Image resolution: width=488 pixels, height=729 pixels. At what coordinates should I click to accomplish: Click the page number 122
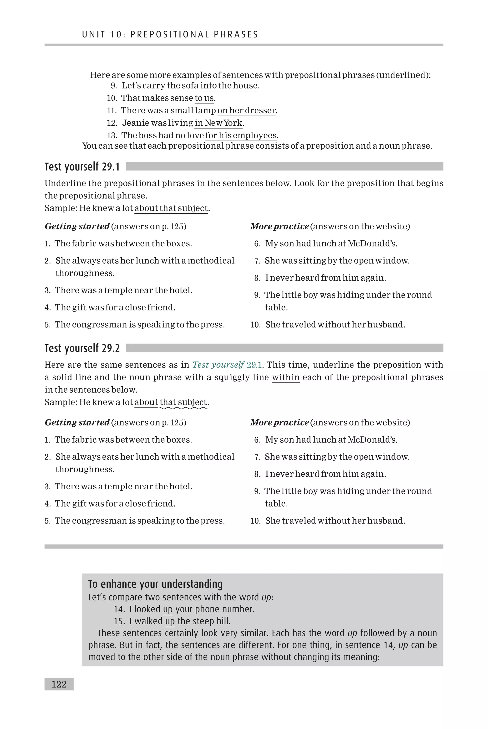coord(59,684)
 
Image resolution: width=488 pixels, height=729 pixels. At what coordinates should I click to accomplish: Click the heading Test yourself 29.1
coord(82,167)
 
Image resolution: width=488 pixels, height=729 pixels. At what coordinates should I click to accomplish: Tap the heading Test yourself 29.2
coord(82,348)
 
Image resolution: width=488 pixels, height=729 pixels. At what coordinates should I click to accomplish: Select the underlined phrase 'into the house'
coord(229,86)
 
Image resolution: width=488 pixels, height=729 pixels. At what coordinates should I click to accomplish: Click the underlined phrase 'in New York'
coord(218,123)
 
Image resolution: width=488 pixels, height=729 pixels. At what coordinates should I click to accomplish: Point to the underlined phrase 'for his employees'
coord(241,135)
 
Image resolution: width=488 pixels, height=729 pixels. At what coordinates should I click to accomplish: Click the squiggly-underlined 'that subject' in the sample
coord(183,402)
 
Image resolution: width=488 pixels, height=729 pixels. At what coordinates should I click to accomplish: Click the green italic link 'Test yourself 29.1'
coord(227,365)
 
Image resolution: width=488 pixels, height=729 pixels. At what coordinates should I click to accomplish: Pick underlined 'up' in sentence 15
coord(170,621)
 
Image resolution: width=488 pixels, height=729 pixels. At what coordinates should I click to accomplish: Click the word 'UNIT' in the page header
coord(94,35)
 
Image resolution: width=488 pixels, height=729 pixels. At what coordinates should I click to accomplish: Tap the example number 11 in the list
coord(112,111)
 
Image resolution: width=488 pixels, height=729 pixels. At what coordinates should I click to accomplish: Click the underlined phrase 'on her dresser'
coord(246,111)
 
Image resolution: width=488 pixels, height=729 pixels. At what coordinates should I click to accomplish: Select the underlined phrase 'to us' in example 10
coord(204,98)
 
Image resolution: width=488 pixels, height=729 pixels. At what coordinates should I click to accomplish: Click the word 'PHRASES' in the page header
coord(236,35)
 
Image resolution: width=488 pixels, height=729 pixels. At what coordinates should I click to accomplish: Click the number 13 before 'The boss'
coord(112,135)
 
